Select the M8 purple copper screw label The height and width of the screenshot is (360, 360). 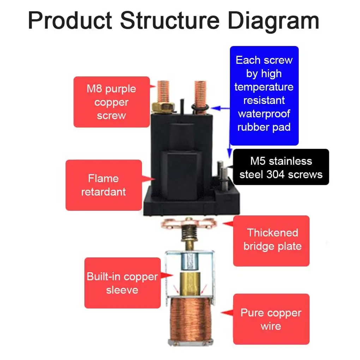tap(112, 102)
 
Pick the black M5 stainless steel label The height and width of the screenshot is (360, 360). tap(281, 167)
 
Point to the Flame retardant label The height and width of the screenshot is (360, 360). tap(104, 185)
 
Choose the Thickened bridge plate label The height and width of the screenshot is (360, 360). tap(271, 240)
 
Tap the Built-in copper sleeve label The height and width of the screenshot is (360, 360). tap(122, 283)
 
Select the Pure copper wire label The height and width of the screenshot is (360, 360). tap(271, 319)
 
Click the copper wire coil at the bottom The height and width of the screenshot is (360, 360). tap(190, 319)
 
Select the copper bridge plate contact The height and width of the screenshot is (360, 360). tap(189, 223)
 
